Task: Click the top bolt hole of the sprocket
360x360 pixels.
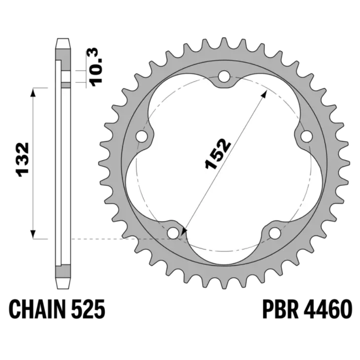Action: pyautogui.click(x=224, y=76)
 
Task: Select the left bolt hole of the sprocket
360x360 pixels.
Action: pyautogui.click(x=142, y=137)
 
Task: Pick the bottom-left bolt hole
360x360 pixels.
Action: pyautogui.click(x=173, y=233)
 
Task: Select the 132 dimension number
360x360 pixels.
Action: pyautogui.click(x=23, y=160)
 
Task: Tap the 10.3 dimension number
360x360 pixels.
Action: pyautogui.click(x=96, y=67)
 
